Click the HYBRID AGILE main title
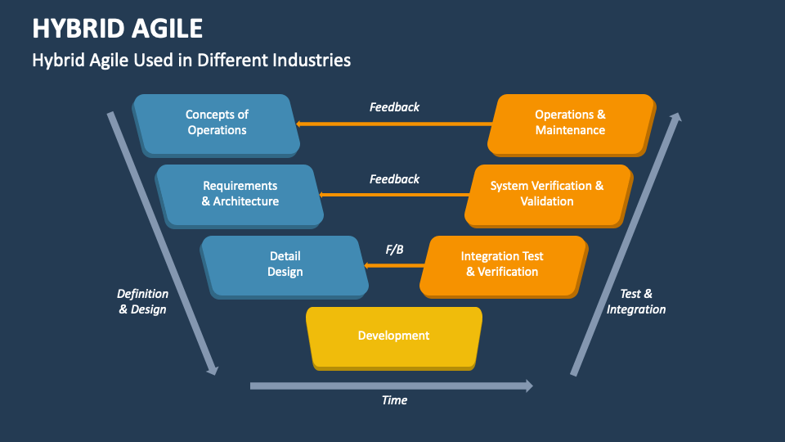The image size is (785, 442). (x=118, y=28)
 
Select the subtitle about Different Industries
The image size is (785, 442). (x=191, y=60)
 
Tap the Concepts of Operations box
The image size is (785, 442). (x=217, y=123)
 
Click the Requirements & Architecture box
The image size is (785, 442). (x=240, y=194)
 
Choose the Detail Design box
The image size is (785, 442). (x=285, y=264)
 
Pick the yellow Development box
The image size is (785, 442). (x=393, y=336)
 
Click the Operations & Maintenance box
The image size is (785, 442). (x=570, y=123)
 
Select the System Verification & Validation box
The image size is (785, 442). (x=547, y=194)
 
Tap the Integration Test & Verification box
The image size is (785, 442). (x=502, y=264)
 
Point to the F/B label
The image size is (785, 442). (x=394, y=249)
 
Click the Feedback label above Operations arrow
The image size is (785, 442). (x=394, y=107)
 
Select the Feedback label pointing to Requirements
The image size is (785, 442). (x=394, y=178)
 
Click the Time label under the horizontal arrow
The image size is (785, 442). (x=394, y=400)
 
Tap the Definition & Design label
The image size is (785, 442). (x=142, y=301)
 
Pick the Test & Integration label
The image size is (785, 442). (x=636, y=301)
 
